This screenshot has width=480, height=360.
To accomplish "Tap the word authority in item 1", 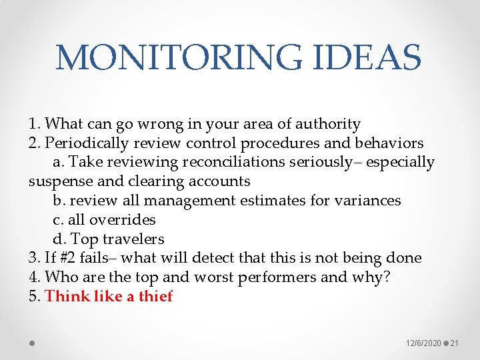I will click(x=327, y=124).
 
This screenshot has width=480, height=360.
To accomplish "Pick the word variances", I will click(x=368, y=201).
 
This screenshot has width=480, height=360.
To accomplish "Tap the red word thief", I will click(x=155, y=297).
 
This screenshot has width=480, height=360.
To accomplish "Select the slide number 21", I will click(x=455, y=343).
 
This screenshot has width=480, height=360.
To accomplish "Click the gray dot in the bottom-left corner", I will click(x=32, y=343).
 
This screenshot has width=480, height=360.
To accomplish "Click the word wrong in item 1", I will click(x=175, y=124).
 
